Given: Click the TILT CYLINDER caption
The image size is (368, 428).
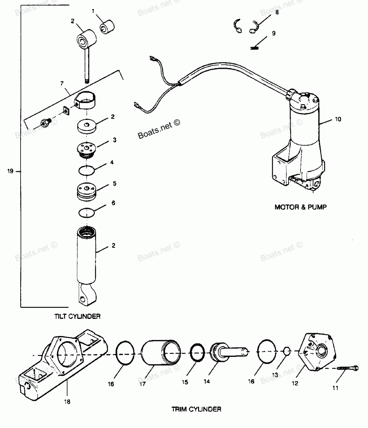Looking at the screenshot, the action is tap(77, 316).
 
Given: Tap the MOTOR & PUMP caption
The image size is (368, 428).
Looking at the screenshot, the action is tap(301, 207).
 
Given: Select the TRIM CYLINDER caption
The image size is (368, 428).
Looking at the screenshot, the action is tap(196, 409).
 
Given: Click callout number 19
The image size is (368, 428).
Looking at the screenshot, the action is tap(10, 171).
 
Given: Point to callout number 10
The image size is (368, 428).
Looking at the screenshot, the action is tap(338, 119).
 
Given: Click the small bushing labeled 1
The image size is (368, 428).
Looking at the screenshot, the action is tap(107, 27).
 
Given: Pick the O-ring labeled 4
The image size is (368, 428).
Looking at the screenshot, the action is tap(86, 171).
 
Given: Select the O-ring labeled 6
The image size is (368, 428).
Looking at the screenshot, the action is tap(86, 213).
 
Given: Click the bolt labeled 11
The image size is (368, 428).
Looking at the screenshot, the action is tap(347, 368).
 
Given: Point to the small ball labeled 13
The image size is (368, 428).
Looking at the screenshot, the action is tap(286, 351).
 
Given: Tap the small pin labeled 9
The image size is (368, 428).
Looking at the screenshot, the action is tap(254, 48).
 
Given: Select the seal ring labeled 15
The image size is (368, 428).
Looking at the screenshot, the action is tap(197, 353).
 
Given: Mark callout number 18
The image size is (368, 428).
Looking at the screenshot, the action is tap(67, 402).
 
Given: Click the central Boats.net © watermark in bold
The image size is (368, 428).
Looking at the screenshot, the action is tap(159, 130).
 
